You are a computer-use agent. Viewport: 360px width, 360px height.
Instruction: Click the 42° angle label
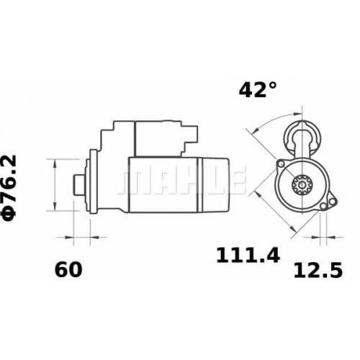[x=258, y=89]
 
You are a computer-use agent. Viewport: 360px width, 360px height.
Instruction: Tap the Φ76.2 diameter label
[x=9, y=188]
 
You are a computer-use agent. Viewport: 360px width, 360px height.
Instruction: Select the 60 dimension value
[x=68, y=269]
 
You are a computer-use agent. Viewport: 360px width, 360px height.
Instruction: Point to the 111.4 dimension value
[x=248, y=256]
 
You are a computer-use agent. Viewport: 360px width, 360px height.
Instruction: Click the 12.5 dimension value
[x=318, y=270]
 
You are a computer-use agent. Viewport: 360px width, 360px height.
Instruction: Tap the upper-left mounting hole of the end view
[x=281, y=164]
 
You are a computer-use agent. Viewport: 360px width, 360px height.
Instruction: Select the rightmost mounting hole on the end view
[x=332, y=202]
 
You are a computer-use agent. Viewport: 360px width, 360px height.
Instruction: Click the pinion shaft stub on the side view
[x=78, y=184]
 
